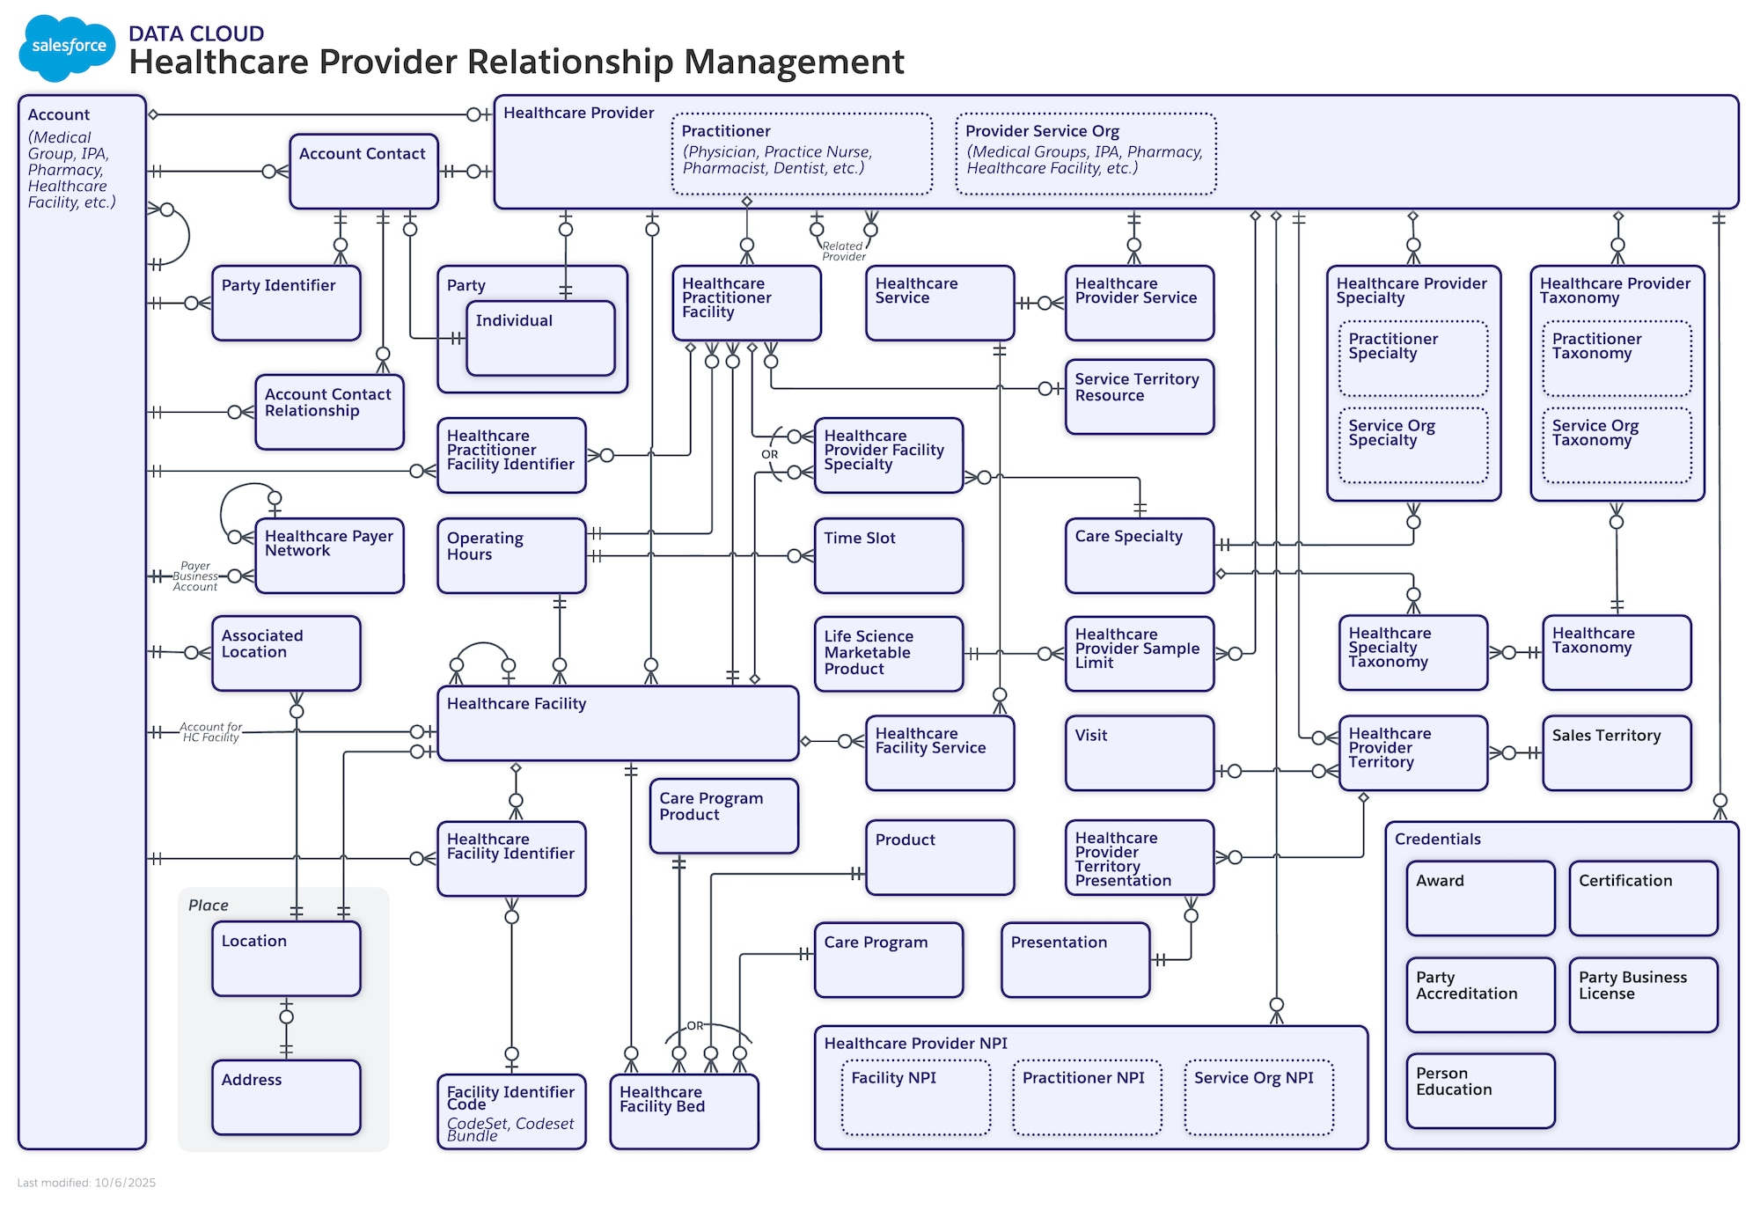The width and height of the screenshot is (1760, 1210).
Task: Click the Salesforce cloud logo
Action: point(67,47)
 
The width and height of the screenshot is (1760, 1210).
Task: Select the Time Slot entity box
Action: point(888,555)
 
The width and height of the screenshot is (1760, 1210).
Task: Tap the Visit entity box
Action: point(1139,752)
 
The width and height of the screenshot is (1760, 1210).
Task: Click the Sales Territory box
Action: point(1616,752)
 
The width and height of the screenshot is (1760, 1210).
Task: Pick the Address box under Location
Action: point(286,1096)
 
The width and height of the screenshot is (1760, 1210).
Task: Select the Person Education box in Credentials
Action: point(1479,1090)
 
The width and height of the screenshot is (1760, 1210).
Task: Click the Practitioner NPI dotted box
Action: point(1087,1096)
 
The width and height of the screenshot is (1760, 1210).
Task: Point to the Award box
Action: point(1479,898)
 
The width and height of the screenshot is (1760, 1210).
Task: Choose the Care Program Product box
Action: point(723,815)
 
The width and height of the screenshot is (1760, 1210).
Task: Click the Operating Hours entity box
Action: point(510,555)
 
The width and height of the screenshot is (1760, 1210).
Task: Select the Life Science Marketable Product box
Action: point(888,653)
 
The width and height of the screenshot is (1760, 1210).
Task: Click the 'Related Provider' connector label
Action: point(843,252)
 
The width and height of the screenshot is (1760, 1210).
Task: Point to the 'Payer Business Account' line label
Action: point(194,576)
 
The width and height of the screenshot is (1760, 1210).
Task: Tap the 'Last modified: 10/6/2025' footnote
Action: point(86,1183)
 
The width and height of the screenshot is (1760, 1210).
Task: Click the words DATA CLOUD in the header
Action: point(195,33)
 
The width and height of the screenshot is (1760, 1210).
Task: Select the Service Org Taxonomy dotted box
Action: point(1616,444)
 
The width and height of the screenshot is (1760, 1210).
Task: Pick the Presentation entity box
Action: point(1074,959)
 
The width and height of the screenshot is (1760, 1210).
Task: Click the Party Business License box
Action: point(1642,994)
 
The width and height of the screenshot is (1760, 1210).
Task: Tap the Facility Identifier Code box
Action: point(510,1111)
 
